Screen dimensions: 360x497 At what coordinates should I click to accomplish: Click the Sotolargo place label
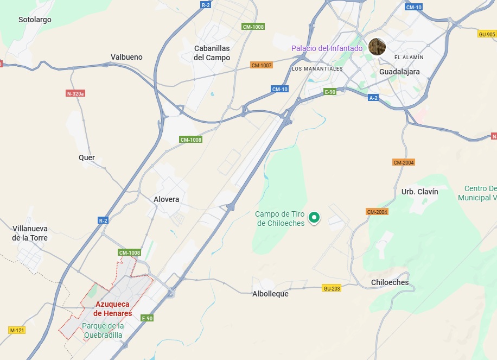pos(35,20)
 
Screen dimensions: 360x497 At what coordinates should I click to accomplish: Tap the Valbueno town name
pos(126,57)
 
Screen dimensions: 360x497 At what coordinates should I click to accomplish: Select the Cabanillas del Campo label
pos(212,53)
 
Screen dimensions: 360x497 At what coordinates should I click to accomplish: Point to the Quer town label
pos(87,157)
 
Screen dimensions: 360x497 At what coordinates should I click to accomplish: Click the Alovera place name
pos(166,199)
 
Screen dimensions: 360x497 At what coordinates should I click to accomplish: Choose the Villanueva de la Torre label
pos(30,233)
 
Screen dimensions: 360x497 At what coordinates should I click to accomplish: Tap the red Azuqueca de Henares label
pos(113,309)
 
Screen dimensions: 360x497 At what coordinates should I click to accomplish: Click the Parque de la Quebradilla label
pos(103,330)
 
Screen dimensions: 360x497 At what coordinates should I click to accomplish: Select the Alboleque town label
pos(270,294)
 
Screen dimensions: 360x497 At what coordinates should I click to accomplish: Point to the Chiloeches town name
pos(390,282)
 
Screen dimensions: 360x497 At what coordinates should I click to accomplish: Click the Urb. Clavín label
pos(419,192)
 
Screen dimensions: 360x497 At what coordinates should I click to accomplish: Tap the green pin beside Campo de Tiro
pos(314,218)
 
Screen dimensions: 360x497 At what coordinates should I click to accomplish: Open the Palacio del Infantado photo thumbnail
pos(377,46)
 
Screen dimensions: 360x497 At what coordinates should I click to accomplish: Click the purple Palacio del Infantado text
pos(327,48)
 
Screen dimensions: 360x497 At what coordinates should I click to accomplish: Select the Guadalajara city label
pos(399,72)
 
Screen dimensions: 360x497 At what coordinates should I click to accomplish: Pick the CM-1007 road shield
pos(261,65)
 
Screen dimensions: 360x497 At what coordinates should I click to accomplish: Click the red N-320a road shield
pos(75,93)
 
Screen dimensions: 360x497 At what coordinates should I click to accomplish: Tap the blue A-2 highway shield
pos(373,98)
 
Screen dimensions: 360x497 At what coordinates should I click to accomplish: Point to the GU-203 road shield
pos(331,288)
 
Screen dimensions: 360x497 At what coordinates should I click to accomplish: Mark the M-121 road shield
pos(17,330)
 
